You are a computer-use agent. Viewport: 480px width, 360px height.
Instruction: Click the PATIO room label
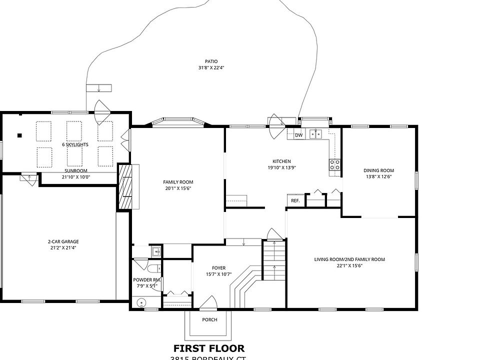[208, 61]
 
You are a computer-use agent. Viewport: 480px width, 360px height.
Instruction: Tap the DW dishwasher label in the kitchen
[298, 135]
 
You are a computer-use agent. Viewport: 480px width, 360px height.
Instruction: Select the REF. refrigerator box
[295, 200]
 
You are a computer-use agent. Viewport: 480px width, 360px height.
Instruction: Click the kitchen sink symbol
[315, 133]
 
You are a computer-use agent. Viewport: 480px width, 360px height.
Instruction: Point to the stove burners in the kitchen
[335, 164]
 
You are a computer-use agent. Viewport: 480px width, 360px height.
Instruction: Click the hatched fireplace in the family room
[124, 186]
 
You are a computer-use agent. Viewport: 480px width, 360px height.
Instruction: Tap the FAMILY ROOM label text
[178, 182]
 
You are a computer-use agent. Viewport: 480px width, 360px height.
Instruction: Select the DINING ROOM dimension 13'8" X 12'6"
[378, 176]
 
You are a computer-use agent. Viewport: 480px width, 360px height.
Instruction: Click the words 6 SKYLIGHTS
[75, 144]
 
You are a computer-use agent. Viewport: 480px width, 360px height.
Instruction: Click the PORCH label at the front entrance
[209, 320]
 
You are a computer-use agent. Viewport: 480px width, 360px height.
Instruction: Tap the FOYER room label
[218, 267]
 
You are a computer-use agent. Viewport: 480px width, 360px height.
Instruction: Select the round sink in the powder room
[141, 302]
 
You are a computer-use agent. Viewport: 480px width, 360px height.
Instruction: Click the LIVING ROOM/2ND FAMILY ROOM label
[349, 259]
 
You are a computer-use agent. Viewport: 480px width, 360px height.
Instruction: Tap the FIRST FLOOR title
[209, 348]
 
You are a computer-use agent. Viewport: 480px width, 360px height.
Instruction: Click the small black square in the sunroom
[20, 135]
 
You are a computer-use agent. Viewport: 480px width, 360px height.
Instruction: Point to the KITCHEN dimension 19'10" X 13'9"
[281, 168]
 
